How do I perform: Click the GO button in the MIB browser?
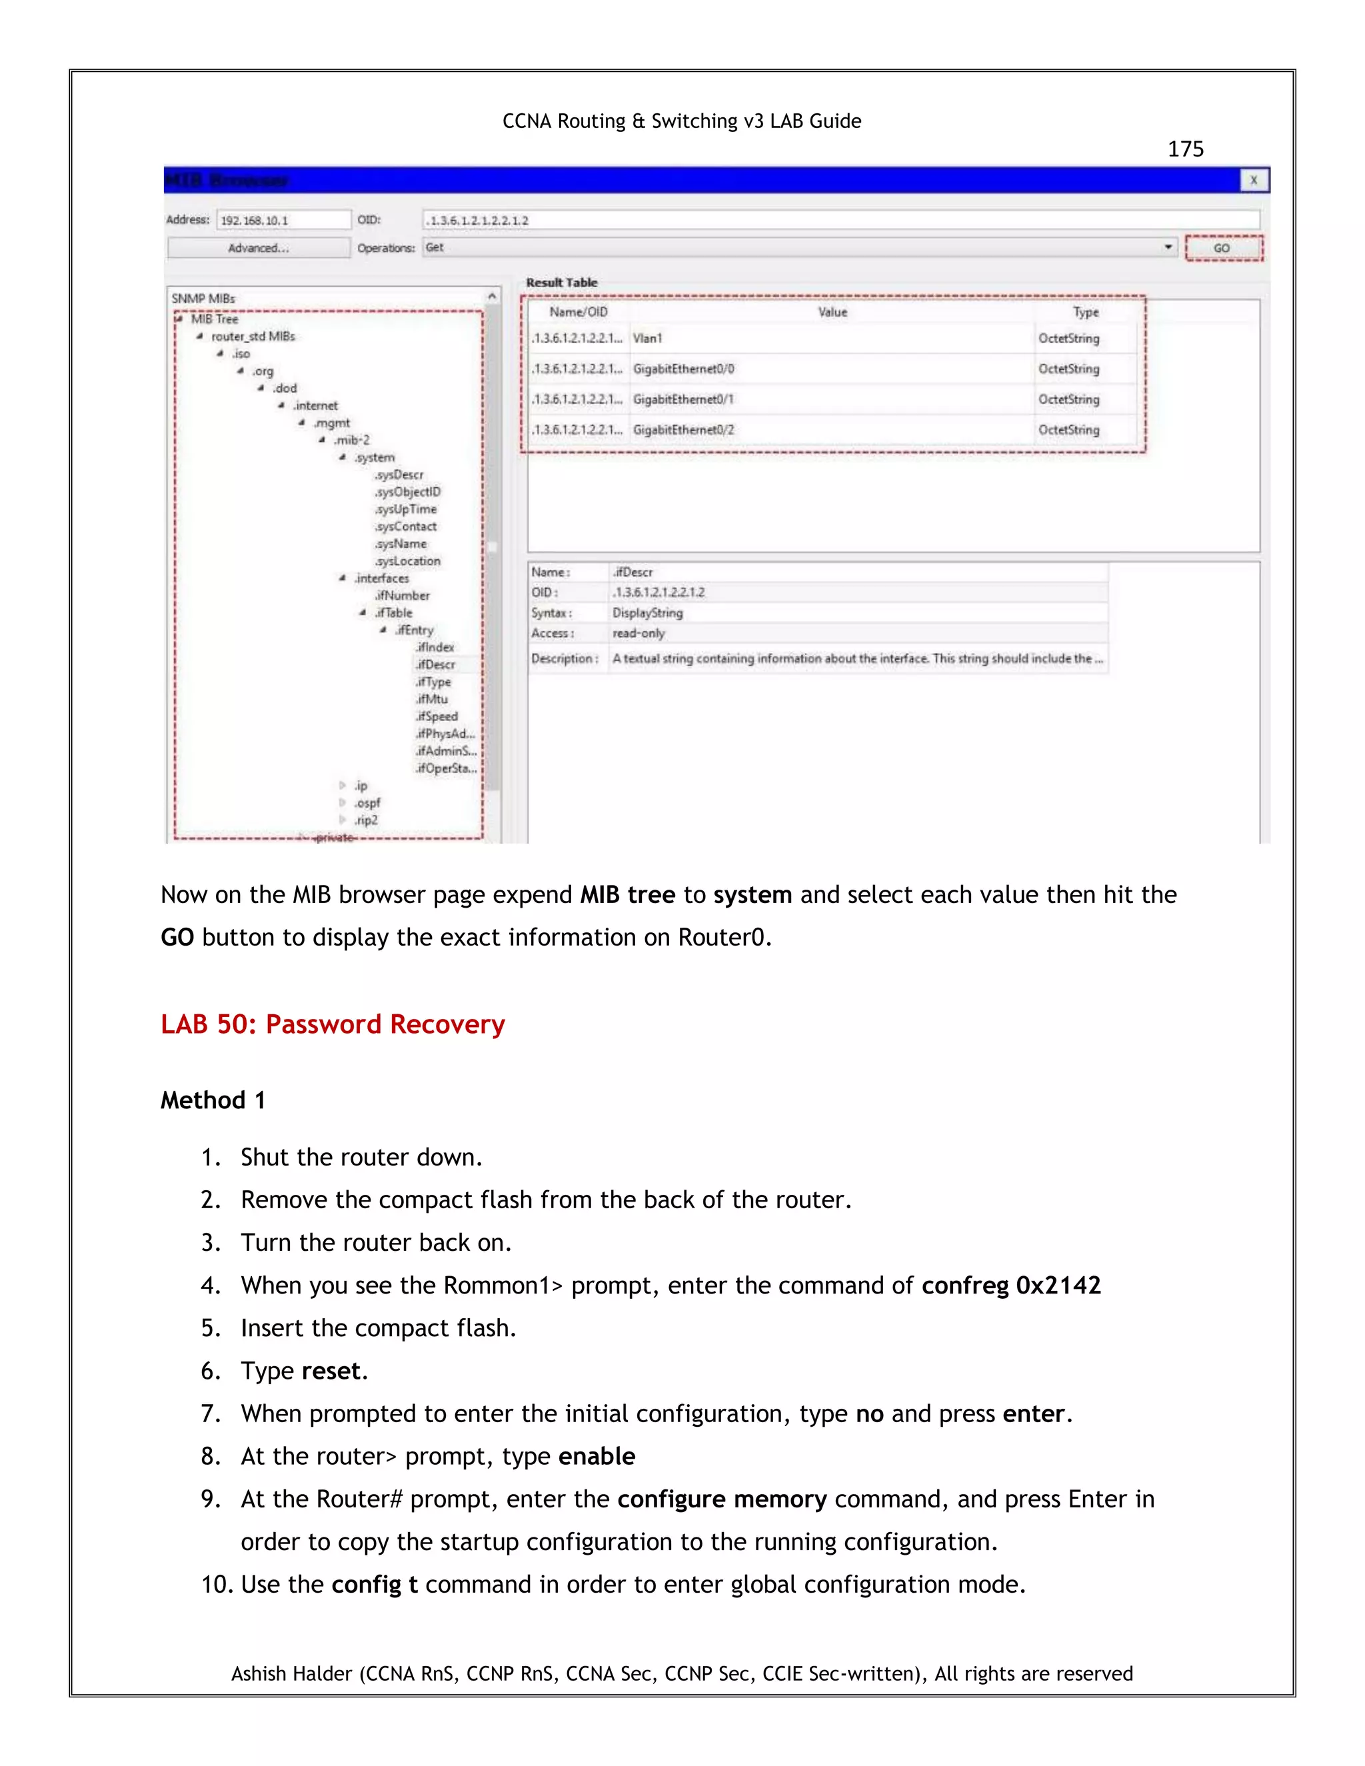tap(1222, 249)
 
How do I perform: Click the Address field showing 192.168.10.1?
tap(283, 220)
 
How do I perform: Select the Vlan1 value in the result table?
tap(648, 338)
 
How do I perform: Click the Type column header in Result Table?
tap(1085, 312)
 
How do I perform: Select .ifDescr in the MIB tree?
tap(436, 664)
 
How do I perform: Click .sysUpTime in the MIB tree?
tap(406, 509)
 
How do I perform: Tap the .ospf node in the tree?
tap(367, 803)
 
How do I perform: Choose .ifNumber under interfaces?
tap(403, 596)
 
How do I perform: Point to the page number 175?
tap(1186, 149)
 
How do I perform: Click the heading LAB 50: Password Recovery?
tap(333, 1024)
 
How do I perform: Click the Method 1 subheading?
tap(213, 1100)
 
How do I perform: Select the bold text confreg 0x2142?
tap(1011, 1285)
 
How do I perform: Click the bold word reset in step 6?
tap(331, 1371)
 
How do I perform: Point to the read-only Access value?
tap(639, 633)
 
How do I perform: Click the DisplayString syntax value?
tap(648, 613)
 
